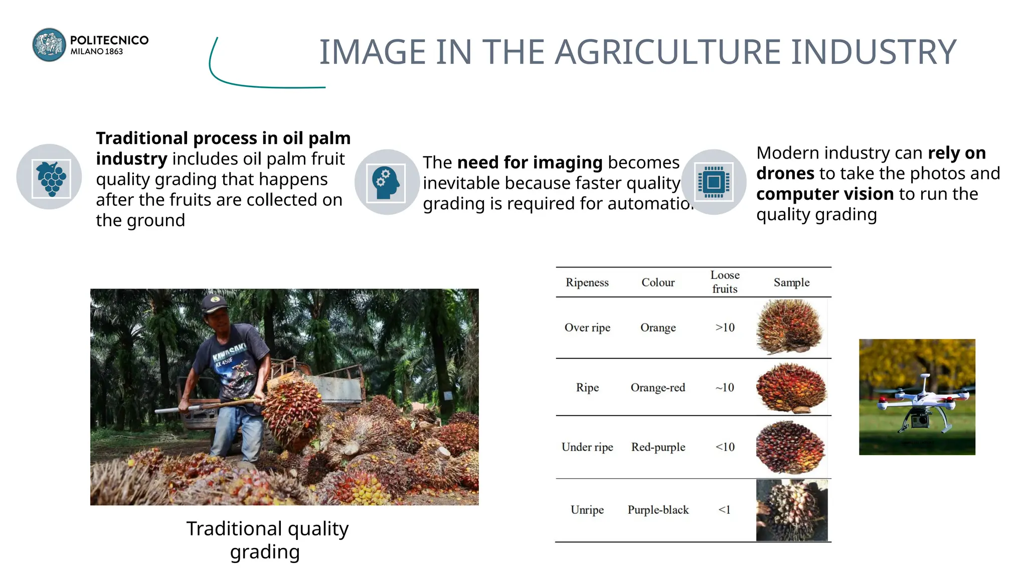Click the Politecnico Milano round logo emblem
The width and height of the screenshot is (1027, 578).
(49, 45)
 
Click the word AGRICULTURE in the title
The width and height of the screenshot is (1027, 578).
(667, 52)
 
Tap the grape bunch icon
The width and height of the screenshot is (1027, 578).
(51, 178)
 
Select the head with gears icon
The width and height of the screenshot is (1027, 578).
(386, 183)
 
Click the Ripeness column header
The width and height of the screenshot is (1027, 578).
(587, 282)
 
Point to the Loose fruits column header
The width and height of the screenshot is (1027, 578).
(725, 282)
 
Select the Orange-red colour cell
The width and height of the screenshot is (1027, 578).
(657, 388)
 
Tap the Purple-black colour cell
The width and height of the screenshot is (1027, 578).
(658, 510)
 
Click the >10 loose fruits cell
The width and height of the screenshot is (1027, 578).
(725, 328)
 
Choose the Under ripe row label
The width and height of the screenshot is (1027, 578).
(587, 447)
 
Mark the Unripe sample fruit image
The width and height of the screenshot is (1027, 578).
(791, 510)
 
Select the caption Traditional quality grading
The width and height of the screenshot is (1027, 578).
(267, 540)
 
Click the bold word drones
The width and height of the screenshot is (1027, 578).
(785, 174)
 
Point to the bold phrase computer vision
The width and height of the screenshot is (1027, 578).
(824, 194)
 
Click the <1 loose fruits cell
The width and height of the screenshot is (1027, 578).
(724, 510)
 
